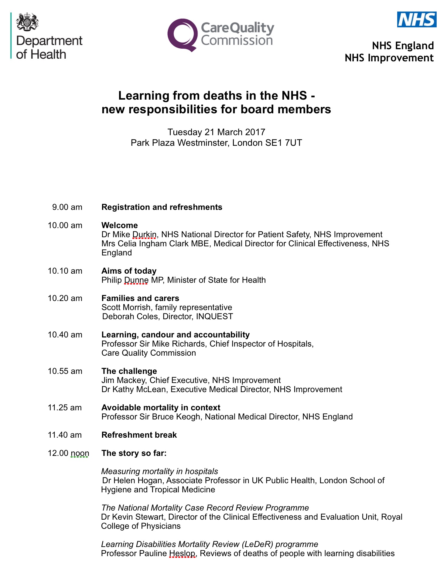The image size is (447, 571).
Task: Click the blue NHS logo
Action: (417, 19)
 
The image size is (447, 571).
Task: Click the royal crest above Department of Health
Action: (27, 22)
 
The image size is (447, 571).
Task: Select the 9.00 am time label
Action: (67, 207)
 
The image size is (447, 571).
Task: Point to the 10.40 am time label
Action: (65, 335)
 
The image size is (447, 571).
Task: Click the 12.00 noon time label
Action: (68, 453)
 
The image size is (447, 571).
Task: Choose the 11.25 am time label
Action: (65, 408)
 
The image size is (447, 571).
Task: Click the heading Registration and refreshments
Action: (162, 207)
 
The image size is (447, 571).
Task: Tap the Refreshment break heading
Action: (139, 435)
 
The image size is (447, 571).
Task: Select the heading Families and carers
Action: (140, 298)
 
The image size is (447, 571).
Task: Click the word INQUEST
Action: (214, 316)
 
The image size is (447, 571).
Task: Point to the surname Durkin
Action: (145, 234)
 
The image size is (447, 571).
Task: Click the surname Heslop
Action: (182, 553)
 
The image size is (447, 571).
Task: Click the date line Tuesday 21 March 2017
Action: (216, 132)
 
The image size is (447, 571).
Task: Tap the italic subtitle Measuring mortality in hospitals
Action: (159, 471)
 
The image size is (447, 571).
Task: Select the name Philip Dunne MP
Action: (133, 280)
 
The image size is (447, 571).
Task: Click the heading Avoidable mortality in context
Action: (161, 408)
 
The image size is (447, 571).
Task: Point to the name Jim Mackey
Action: (123, 380)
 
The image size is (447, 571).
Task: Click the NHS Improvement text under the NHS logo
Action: (389, 58)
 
